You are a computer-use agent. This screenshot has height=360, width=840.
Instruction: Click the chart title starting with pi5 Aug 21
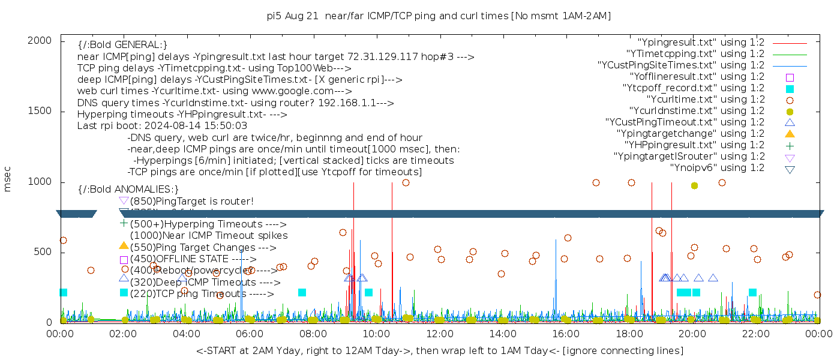pos(439,16)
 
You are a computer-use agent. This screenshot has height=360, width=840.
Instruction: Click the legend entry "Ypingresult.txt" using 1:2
pos(701,43)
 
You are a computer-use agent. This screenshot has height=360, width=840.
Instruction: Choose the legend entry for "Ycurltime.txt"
pos(705,100)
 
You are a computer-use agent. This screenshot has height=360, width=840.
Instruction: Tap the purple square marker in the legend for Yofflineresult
pos(790,77)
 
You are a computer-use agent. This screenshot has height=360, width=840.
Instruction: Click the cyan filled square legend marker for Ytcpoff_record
pos(790,89)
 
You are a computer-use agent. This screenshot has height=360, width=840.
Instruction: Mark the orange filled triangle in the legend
pos(790,134)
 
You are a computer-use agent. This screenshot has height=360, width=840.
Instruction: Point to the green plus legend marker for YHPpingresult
pos(790,145)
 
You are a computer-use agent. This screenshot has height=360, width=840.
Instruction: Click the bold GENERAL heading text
pos(122,45)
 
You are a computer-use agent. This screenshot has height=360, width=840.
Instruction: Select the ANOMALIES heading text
pos(128,190)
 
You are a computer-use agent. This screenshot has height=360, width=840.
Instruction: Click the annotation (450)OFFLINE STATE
pos(193,259)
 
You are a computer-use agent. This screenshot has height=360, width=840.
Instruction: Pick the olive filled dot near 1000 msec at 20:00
pos(694,186)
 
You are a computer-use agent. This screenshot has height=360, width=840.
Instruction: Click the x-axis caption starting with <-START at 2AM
pos(439,350)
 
